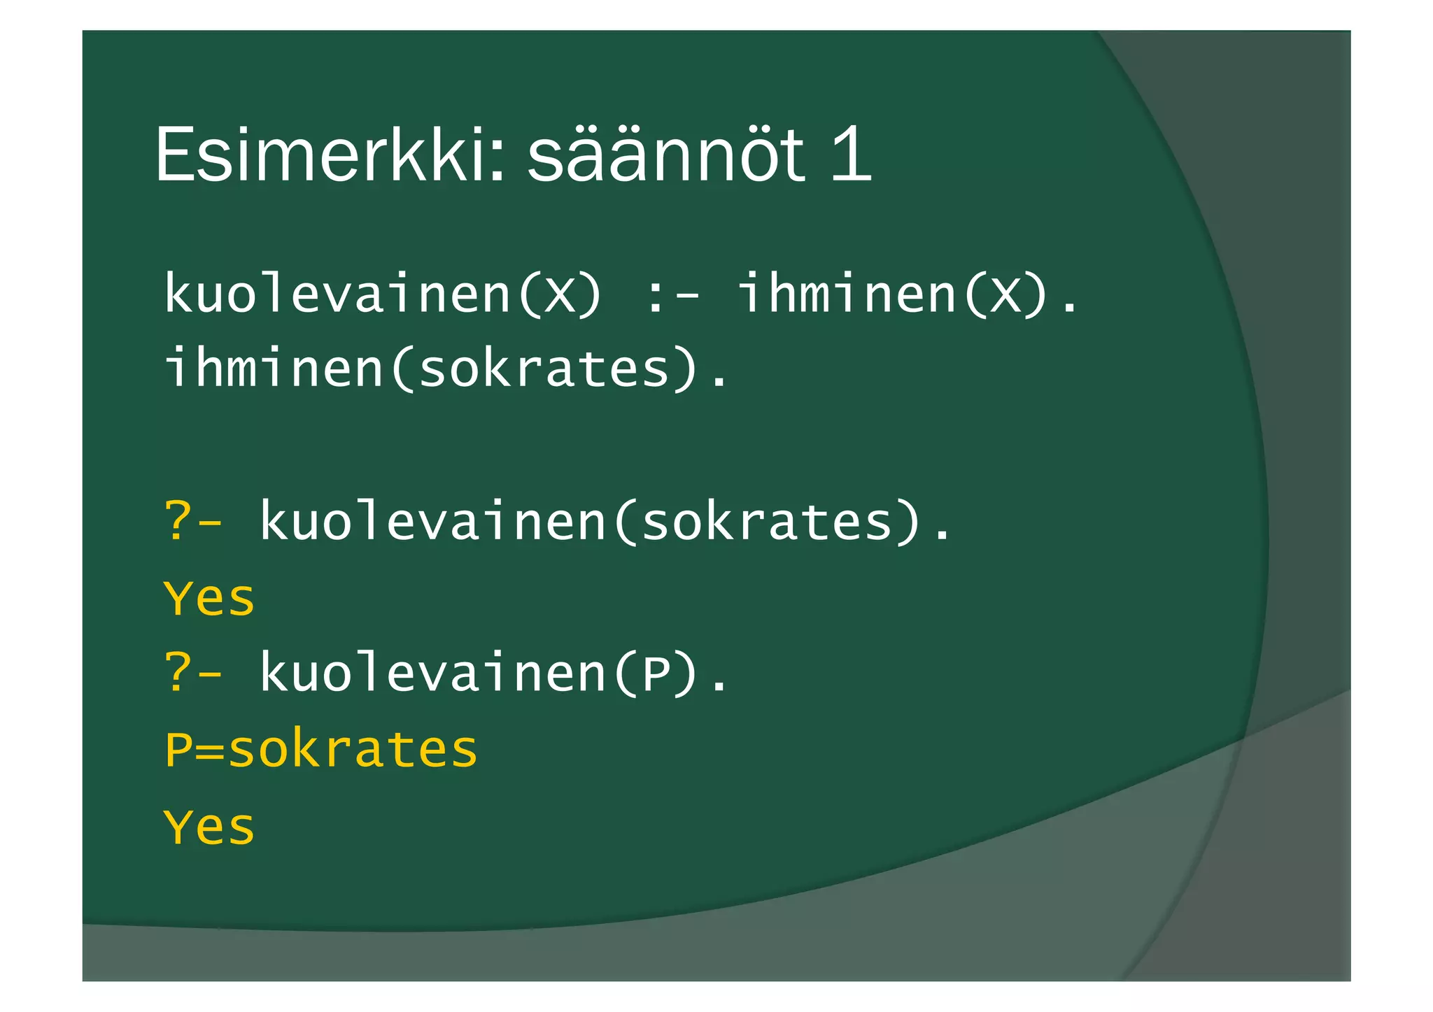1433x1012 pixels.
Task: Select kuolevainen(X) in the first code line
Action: pyautogui.click(x=382, y=294)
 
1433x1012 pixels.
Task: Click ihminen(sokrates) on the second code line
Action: pyautogui.click(x=430, y=369)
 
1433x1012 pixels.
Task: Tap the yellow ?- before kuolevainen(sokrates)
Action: pyautogui.click(x=193, y=522)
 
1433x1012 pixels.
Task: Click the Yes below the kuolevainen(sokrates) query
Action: pyautogui.click(x=209, y=599)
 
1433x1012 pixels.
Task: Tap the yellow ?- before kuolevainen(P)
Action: pyautogui.click(x=193, y=674)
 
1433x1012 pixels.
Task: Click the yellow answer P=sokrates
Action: pyautogui.click(x=320, y=750)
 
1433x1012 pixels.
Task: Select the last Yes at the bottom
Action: pyautogui.click(x=209, y=828)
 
